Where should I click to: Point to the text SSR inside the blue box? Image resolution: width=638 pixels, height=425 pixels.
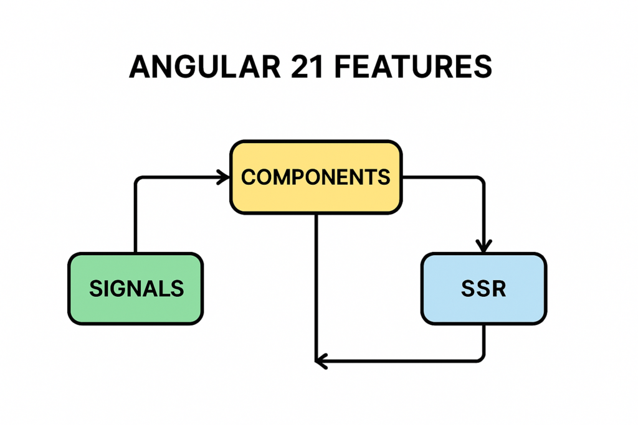483,289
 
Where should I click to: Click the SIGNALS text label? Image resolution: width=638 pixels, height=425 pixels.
136,289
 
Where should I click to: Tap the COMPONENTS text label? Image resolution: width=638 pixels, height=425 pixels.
316,177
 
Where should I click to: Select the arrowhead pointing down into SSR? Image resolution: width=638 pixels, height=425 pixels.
484,246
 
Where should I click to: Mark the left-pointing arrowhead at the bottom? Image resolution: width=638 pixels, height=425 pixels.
320,361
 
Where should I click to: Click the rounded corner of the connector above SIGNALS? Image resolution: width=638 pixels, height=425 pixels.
138,180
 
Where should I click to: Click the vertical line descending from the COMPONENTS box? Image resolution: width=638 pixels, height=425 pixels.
317,286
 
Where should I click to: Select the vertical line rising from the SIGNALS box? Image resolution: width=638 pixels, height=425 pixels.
135,218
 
